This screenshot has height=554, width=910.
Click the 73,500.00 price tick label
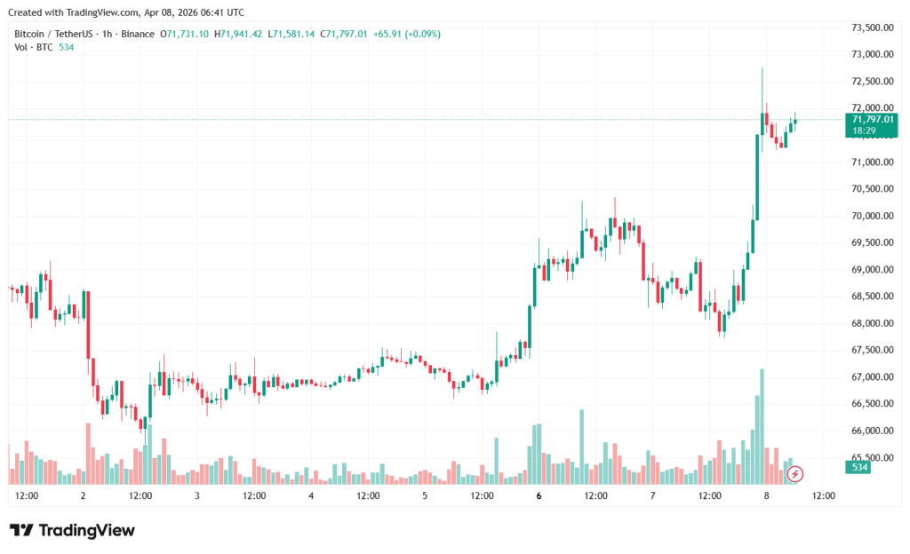[871, 28]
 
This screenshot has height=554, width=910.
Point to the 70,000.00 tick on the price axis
[871, 216]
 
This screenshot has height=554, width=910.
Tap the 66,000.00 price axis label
[871, 431]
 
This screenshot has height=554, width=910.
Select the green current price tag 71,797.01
[872, 119]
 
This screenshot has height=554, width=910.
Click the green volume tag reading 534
[859, 467]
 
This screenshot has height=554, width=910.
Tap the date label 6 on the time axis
[539, 495]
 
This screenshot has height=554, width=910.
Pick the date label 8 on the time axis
[766, 495]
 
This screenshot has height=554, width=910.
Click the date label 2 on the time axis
[83, 495]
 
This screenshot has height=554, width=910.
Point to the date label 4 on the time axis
[311, 495]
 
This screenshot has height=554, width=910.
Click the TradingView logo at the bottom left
[73, 530]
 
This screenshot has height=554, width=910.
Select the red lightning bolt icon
[796, 474]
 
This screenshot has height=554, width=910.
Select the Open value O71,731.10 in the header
[184, 34]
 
